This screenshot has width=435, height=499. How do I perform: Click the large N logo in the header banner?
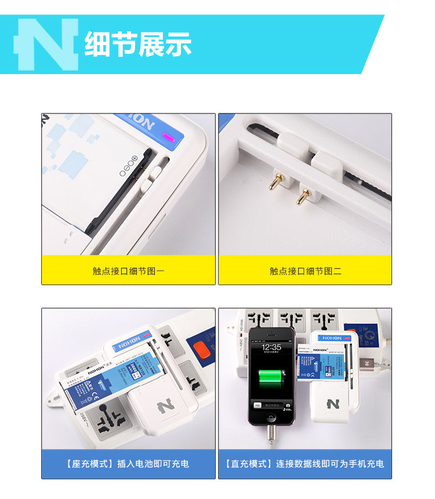(x=46, y=45)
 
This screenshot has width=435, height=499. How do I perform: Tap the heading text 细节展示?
(x=137, y=45)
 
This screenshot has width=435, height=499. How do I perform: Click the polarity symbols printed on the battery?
(x=128, y=166)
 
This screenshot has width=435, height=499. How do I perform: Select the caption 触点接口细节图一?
(x=128, y=271)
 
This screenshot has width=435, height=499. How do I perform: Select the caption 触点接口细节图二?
(x=305, y=271)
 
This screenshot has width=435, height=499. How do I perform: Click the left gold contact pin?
(x=272, y=185)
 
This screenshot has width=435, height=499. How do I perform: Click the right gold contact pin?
(x=301, y=196)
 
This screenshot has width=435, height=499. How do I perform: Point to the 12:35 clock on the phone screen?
(x=271, y=347)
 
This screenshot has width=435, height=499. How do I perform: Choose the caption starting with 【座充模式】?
(x=128, y=464)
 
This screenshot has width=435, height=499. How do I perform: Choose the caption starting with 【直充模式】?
(x=305, y=464)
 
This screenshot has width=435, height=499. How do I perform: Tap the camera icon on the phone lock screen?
(x=288, y=405)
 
